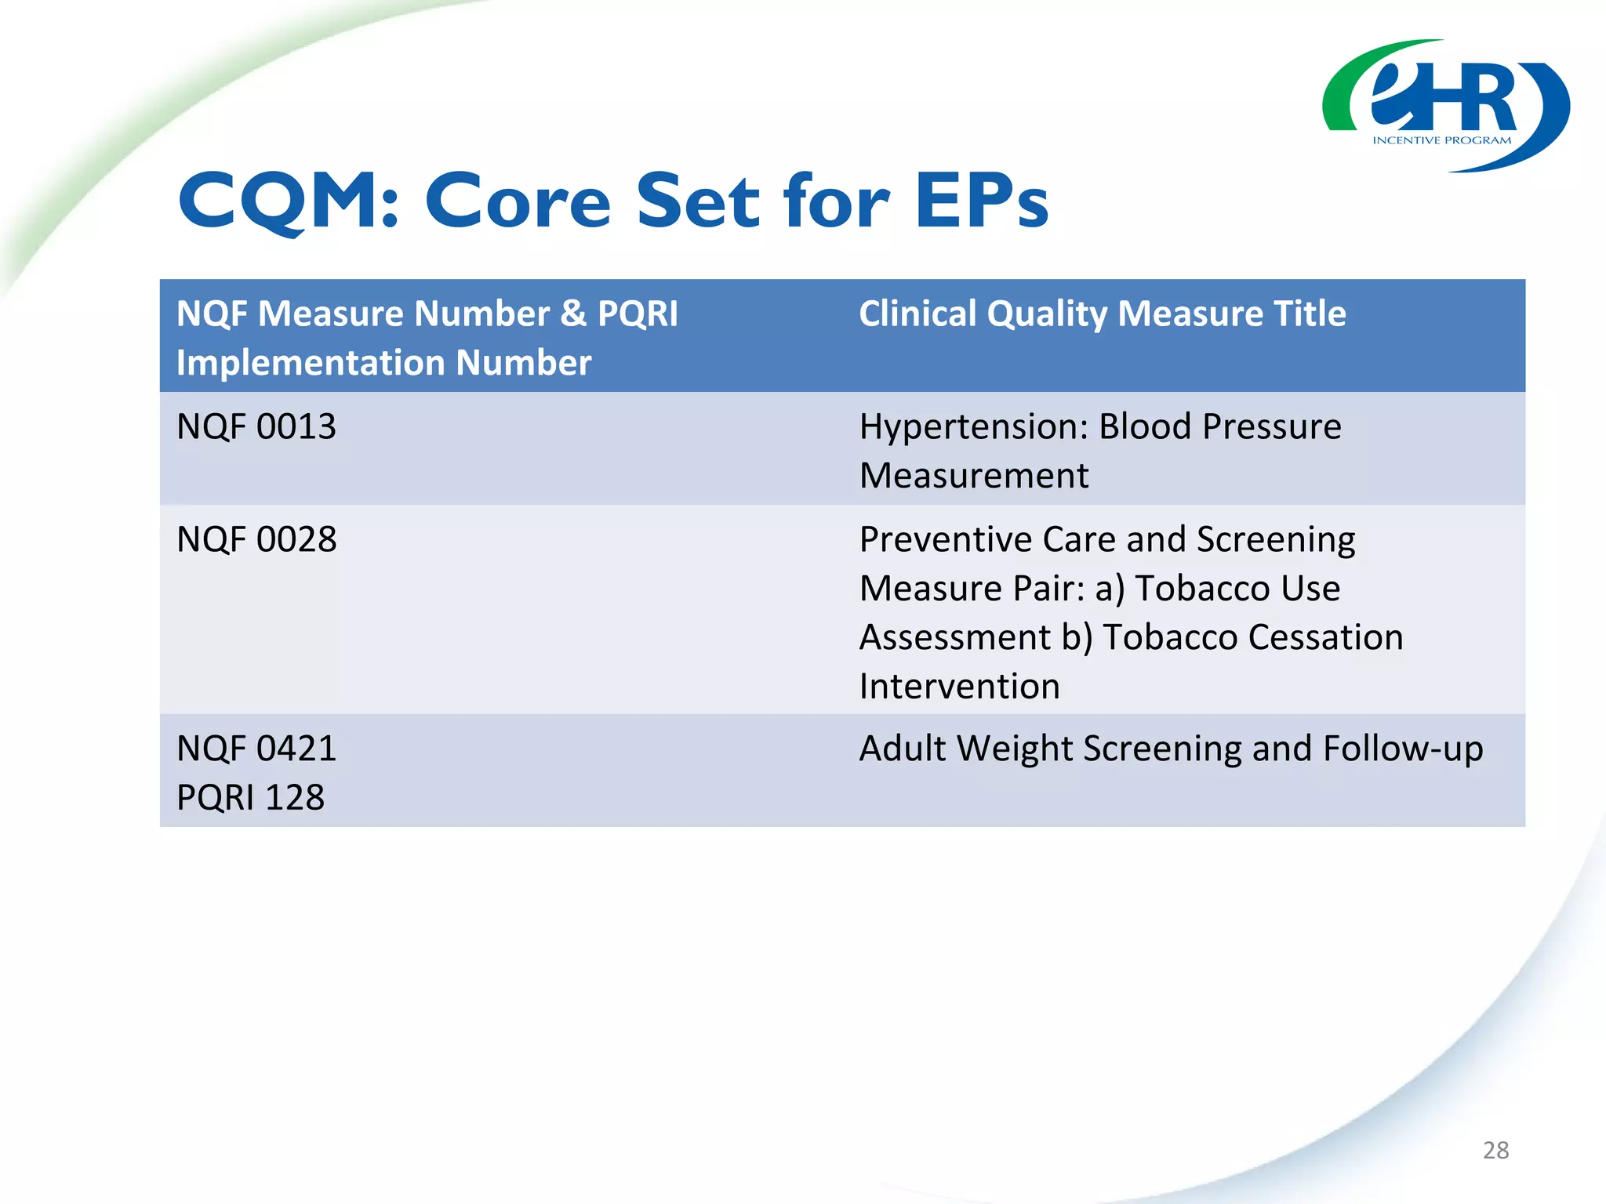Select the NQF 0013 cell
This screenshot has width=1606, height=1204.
coord(256,427)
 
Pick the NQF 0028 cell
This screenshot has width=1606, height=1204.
coord(256,540)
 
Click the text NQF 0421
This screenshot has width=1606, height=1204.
coord(256,749)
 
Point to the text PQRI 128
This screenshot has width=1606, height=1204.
coord(250,798)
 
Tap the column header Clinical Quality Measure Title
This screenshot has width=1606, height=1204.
coord(1102,314)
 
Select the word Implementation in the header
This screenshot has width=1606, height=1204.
coord(311,363)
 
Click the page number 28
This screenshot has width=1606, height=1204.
coord(1495,1150)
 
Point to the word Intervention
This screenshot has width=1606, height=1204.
coord(959,687)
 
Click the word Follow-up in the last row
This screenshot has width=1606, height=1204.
coord(1403,749)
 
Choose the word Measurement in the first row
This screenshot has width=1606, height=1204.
coord(973,476)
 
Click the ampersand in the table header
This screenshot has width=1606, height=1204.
coord(573,314)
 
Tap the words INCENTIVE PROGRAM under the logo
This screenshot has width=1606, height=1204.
coord(1441,140)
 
